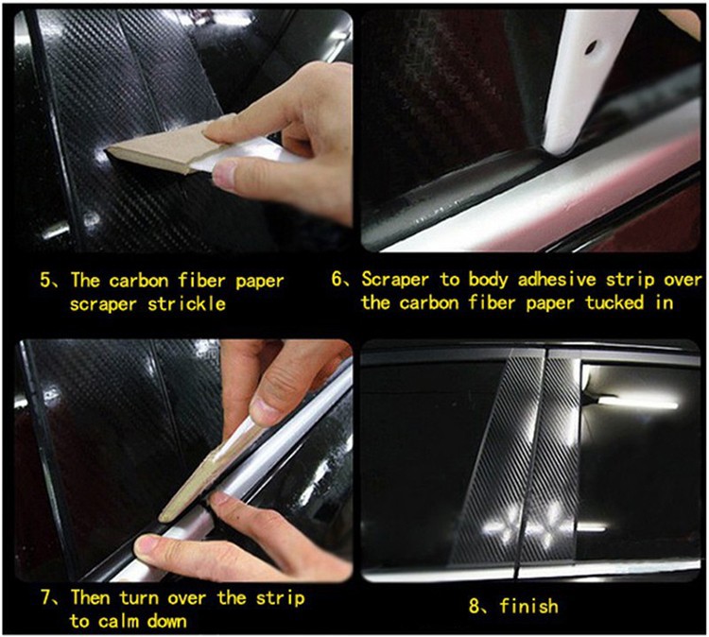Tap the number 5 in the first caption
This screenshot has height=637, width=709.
pyautogui.click(x=46, y=280)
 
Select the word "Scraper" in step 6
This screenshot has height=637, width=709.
pyautogui.click(x=395, y=280)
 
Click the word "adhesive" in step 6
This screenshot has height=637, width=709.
pyautogui.click(x=557, y=279)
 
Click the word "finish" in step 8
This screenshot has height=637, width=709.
pyautogui.click(x=528, y=606)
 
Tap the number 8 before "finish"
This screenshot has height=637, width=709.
pyautogui.click(x=475, y=606)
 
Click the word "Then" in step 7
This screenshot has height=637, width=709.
pyautogui.click(x=91, y=597)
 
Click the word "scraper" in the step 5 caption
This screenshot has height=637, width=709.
pyautogui.click(x=103, y=304)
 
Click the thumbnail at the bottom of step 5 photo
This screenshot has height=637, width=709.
pyautogui.click(x=225, y=173)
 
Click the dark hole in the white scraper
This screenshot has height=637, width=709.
pyautogui.click(x=590, y=47)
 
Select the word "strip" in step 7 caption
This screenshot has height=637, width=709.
pyautogui.click(x=280, y=598)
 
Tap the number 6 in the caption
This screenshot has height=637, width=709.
pyautogui.click(x=337, y=279)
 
